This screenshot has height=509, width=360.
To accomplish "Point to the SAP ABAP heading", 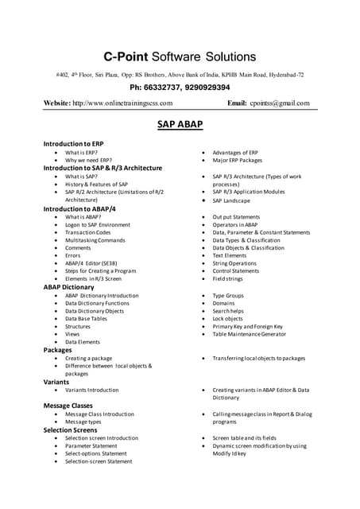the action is coord(180,125).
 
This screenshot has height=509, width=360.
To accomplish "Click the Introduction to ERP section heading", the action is coord(73,143).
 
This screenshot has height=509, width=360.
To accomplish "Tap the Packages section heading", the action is coord(57,350).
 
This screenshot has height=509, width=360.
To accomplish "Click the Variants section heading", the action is coord(56,382).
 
